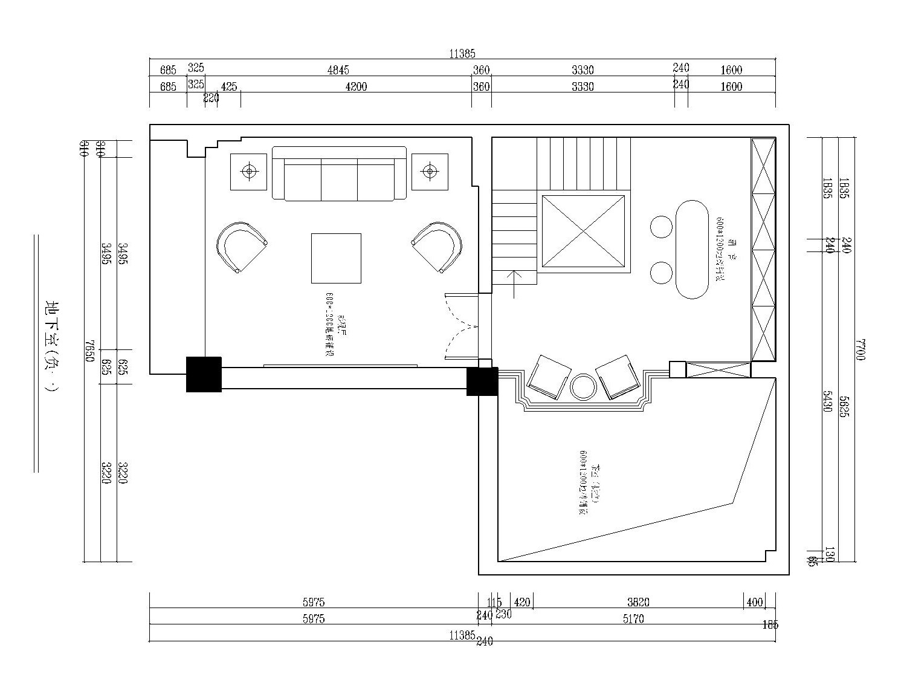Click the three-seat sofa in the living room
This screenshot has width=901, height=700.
[x=339, y=173]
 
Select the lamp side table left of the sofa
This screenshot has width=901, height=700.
[x=248, y=172]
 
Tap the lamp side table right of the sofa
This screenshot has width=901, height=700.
[x=430, y=172]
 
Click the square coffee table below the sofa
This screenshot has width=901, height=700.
[x=336, y=258]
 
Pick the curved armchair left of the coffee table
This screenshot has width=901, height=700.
[x=240, y=247]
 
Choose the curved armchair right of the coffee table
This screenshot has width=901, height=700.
[x=438, y=247]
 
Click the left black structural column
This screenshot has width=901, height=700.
[x=204, y=374]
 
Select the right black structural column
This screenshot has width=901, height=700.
[x=482, y=381]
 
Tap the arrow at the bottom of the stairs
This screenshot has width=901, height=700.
[x=514, y=284]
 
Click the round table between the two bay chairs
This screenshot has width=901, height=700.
[x=583, y=387]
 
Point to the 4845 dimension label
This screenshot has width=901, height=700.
[x=338, y=70]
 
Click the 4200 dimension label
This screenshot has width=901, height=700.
[x=356, y=86]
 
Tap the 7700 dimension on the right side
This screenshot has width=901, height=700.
[x=861, y=349]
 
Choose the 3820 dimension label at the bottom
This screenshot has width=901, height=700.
[x=638, y=602]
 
